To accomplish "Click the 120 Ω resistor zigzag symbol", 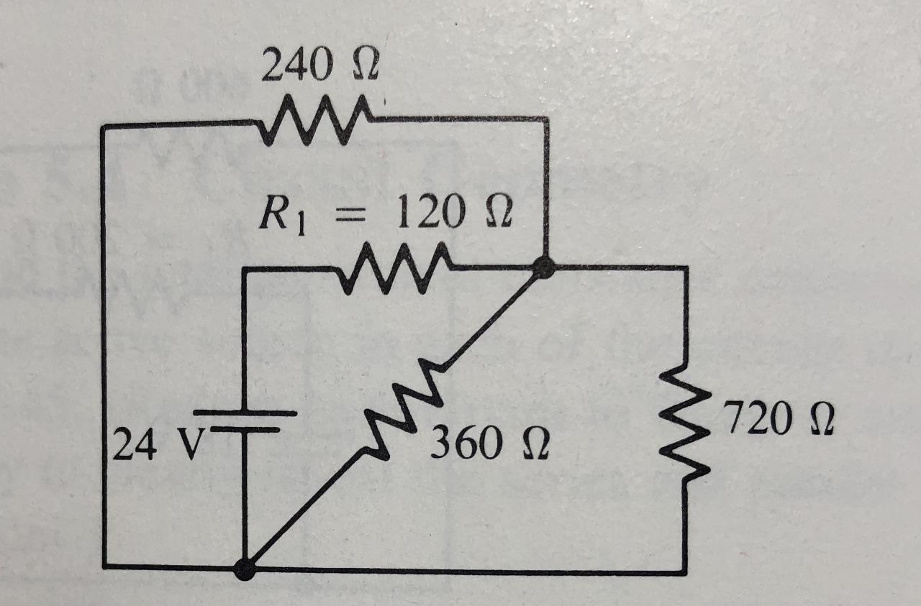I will click(x=394, y=270).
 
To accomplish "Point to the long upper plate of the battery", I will click(x=245, y=413).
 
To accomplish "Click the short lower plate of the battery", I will click(x=245, y=430).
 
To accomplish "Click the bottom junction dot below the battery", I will click(x=245, y=569).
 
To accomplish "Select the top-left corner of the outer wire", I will click(x=104, y=127).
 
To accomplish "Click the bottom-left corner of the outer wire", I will click(x=105, y=566).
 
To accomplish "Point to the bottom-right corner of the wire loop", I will click(x=684, y=572).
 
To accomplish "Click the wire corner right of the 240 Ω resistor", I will click(x=545, y=119).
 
